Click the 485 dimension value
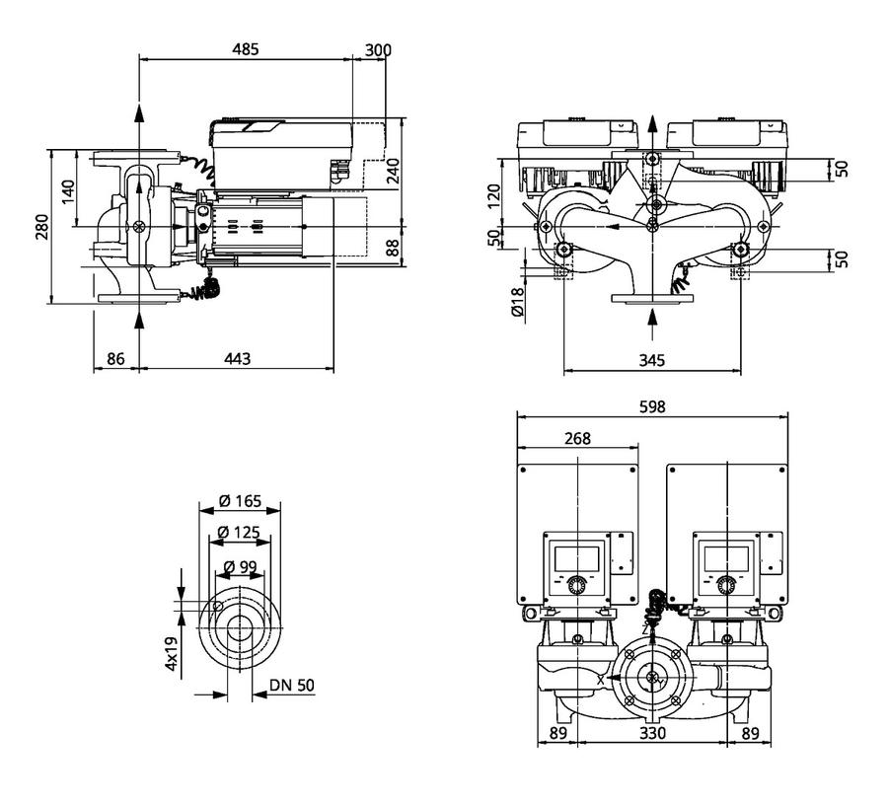pyautogui.click(x=246, y=49)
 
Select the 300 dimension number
pyautogui.click(x=378, y=50)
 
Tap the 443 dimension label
pyautogui.click(x=237, y=359)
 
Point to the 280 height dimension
pyautogui.click(x=42, y=227)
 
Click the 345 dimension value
pyautogui.click(x=652, y=360)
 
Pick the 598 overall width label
pyautogui.click(x=652, y=406)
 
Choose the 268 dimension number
pyautogui.click(x=577, y=438)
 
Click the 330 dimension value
pyautogui.click(x=652, y=733)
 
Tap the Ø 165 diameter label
pyautogui.click(x=240, y=501)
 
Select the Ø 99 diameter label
pyautogui.click(x=240, y=566)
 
